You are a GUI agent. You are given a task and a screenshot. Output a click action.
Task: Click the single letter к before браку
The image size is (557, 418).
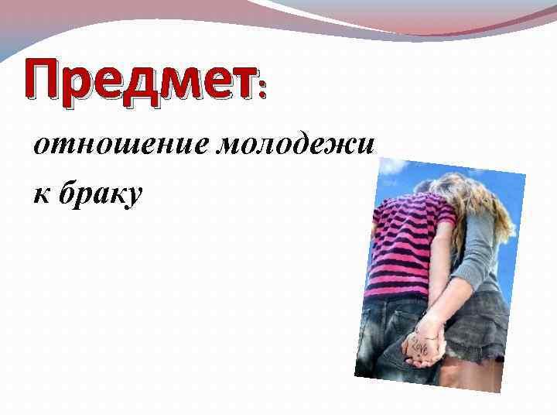click(x=39, y=194)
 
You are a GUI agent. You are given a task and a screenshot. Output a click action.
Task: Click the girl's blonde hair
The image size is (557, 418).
click(x=480, y=201)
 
